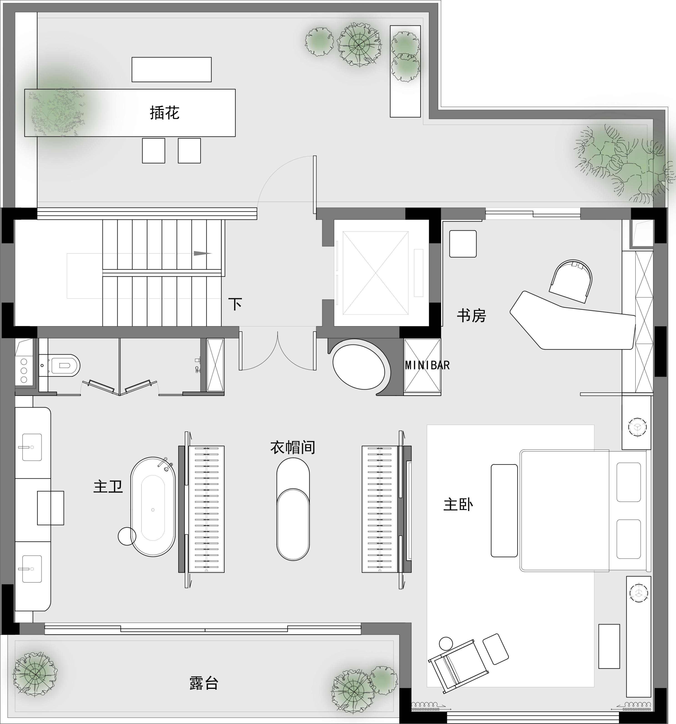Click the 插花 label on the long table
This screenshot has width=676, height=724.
[x=164, y=113]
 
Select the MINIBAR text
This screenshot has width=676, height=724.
[x=427, y=365]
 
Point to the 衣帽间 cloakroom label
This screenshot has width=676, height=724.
[x=293, y=447]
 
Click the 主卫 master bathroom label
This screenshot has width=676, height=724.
[x=108, y=487]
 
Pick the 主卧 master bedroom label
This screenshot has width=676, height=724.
[x=458, y=505]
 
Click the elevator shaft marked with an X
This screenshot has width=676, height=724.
[x=375, y=273]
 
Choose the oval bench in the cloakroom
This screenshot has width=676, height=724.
[x=293, y=509]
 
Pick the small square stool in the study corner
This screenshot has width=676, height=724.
[x=463, y=244]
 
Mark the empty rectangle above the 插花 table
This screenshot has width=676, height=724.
[x=172, y=69]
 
